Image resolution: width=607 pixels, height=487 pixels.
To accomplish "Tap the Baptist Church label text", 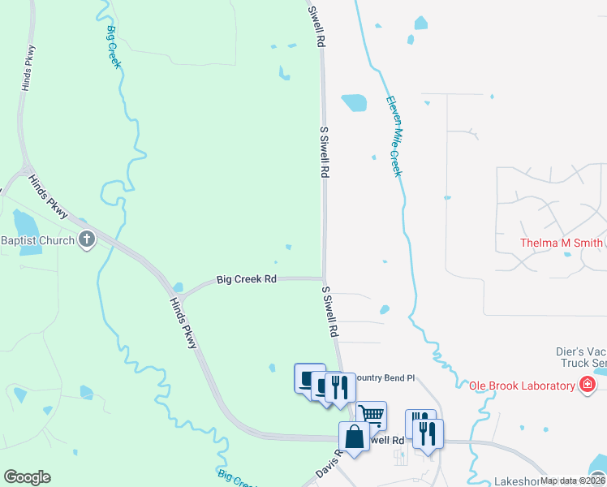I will (37, 240).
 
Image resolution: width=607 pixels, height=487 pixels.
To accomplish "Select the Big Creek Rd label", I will (247, 279).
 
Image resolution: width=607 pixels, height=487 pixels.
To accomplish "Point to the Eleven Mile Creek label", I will (394, 136).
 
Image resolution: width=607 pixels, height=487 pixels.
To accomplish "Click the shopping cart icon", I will (371, 415).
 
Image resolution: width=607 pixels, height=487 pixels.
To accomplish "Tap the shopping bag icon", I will (355, 437).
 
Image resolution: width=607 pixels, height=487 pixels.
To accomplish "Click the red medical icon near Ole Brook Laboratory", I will (588, 385).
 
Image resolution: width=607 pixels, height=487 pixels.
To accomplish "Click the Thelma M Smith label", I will (561, 243).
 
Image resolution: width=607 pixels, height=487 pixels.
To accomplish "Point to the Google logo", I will (27, 477).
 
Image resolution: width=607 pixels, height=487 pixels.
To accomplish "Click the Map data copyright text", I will (572, 481).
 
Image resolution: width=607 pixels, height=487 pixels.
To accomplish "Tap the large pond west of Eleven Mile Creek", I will (354, 102).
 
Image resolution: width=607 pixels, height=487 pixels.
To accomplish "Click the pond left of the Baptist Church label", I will (25, 221).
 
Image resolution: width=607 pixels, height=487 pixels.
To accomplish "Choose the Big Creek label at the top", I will (113, 47).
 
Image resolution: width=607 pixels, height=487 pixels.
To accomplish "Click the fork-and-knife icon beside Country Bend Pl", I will (339, 386).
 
